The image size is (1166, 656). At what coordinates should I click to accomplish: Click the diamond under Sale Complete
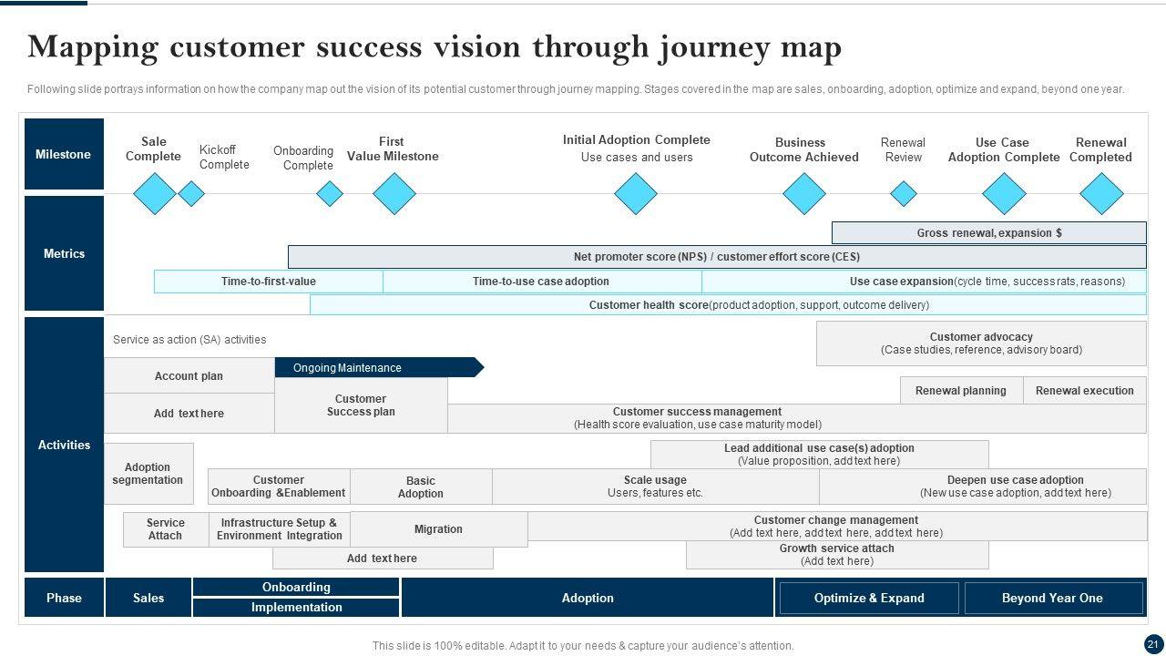tap(154, 193)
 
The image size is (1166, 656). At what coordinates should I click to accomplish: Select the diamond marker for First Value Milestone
tap(394, 193)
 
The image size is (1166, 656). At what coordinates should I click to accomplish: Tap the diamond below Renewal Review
tap(903, 193)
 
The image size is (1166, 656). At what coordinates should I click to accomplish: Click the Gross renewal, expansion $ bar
tap(988, 233)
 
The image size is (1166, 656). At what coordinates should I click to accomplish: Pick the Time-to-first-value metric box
tap(269, 282)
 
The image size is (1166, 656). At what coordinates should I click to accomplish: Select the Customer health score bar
tap(728, 305)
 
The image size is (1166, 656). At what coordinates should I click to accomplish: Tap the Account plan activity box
tap(189, 376)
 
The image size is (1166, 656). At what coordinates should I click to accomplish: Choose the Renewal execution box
tap(1084, 391)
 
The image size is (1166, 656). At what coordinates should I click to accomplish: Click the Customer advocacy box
tap(981, 343)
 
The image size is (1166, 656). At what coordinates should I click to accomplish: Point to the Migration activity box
tap(438, 529)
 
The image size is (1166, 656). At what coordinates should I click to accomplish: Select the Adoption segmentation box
tap(148, 474)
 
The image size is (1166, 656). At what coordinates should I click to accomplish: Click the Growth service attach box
tap(836, 555)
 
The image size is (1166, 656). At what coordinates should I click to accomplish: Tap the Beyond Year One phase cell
tap(1052, 599)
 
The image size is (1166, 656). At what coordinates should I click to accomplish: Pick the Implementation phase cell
tap(297, 608)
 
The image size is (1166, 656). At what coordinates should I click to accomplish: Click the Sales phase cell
tap(148, 599)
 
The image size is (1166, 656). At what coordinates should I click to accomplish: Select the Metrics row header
tap(64, 254)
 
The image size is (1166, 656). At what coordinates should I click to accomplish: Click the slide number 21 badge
tap(1153, 644)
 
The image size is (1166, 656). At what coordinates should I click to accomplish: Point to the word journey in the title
tap(713, 47)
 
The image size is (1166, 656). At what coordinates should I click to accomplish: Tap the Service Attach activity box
tap(166, 529)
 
